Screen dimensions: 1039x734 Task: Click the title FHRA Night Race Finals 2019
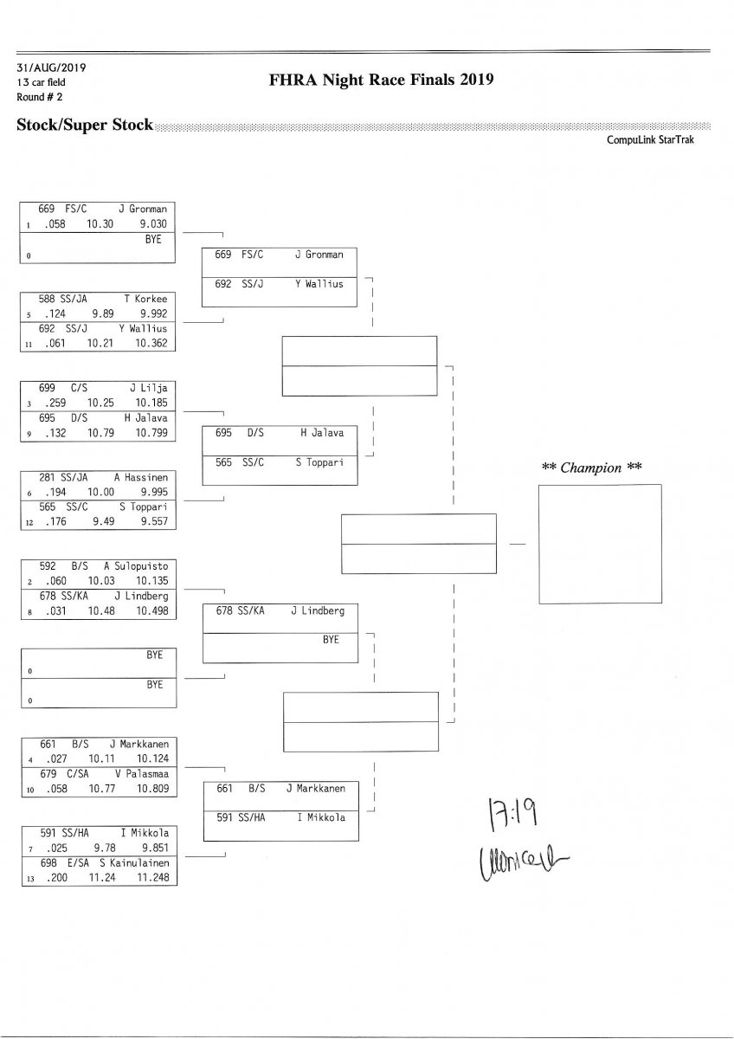[x=382, y=81]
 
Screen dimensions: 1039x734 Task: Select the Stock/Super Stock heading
[x=84, y=126]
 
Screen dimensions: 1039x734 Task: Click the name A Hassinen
[x=140, y=477]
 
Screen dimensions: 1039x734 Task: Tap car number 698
[x=48, y=862]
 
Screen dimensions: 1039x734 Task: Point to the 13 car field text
[x=41, y=82]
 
